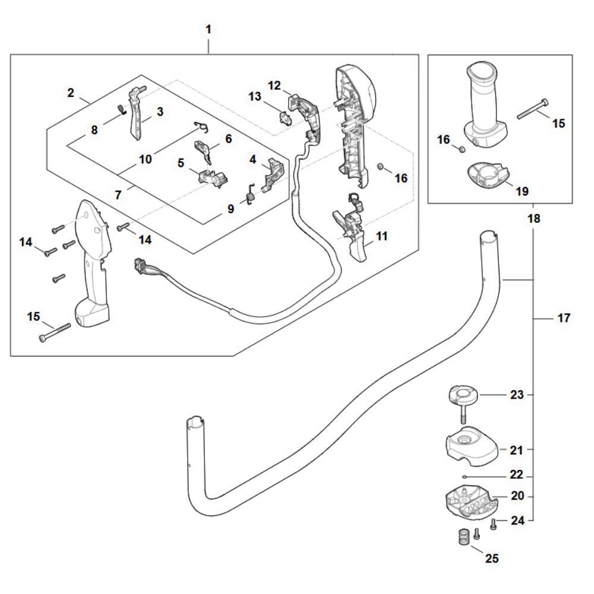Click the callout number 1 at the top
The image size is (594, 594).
(208, 29)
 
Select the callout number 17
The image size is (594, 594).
(563, 318)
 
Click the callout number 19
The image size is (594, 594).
(522, 192)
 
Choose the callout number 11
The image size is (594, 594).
(381, 236)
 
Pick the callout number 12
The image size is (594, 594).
(274, 85)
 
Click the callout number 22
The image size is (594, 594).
(516, 476)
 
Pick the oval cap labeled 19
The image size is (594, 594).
(486, 176)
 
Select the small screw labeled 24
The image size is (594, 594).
(492, 524)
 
